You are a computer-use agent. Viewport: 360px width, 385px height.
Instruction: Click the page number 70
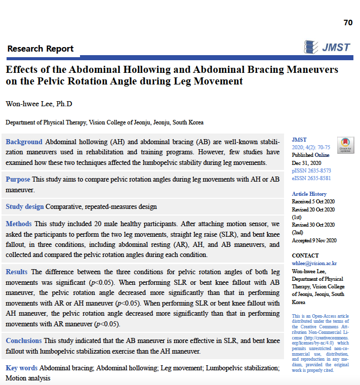click(348, 22)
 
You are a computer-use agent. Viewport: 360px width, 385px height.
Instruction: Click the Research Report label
click(41, 49)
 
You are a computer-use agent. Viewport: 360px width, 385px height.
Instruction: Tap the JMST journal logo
click(328, 47)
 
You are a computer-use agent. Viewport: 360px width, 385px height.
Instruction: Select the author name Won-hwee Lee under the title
click(39, 104)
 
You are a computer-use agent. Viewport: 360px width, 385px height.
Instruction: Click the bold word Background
click(24, 142)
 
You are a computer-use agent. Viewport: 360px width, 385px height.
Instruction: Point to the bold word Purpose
click(18, 179)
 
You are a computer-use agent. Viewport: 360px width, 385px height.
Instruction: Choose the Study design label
click(25, 206)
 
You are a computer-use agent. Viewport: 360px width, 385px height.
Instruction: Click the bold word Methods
click(19, 224)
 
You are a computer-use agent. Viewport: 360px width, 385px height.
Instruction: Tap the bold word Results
click(17, 272)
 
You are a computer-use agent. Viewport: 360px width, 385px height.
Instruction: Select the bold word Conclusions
click(24, 340)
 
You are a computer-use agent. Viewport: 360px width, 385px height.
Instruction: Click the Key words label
click(22, 368)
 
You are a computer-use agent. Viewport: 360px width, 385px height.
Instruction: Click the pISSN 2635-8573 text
click(311, 171)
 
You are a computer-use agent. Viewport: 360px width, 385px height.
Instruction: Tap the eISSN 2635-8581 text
click(311, 178)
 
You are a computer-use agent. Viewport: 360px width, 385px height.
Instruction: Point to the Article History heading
click(309, 194)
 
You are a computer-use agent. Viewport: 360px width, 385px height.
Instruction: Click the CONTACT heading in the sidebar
click(305, 255)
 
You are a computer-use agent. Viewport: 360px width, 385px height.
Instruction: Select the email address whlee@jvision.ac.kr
click(314, 263)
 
